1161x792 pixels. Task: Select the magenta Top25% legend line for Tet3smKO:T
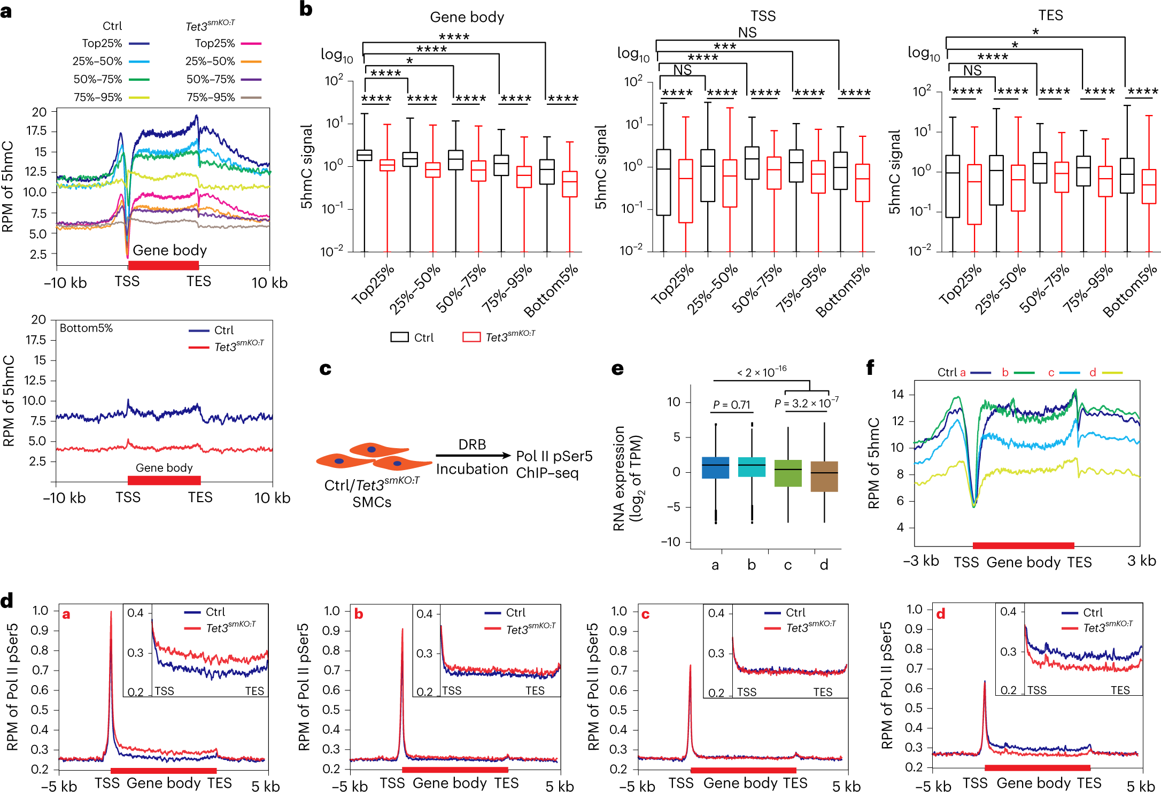(251, 44)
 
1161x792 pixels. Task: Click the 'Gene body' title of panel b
(467, 17)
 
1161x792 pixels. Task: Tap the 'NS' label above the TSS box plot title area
(747, 33)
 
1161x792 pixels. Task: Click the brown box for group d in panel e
(824, 476)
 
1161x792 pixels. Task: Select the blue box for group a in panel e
(715, 467)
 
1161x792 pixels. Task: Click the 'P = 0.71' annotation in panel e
(731, 405)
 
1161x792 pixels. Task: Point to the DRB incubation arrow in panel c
(473, 456)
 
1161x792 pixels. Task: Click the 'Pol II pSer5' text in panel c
(554, 456)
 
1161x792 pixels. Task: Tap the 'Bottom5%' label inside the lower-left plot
(86, 328)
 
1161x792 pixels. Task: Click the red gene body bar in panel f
(1023, 545)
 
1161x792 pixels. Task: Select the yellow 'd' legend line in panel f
(1112, 373)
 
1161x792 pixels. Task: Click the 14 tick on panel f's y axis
(897, 395)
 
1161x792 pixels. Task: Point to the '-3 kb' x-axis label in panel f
(921, 560)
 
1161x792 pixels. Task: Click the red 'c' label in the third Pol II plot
(646, 614)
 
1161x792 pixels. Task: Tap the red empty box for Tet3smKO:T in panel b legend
(471, 337)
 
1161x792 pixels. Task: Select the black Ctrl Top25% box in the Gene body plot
(365, 155)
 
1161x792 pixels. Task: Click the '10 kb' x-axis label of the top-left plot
(269, 282)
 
